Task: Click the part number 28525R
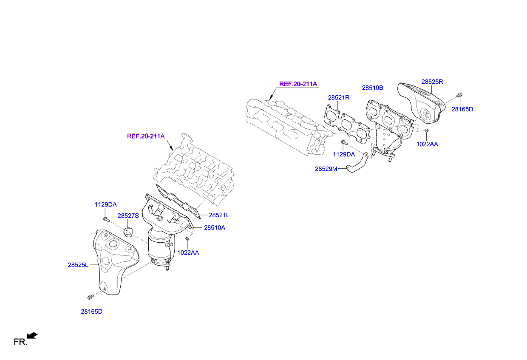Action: (x=432, y=82)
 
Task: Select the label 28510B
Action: (x=372, y=88)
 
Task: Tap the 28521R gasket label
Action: (x=339, y=97)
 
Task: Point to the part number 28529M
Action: (x=326, y=169)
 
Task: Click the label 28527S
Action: (x=128, y=215)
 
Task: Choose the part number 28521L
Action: (x=219, y=215)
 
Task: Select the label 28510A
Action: (x=215, y=227)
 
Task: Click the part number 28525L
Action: (x=78, y=265)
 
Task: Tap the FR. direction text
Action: (x=20, y=342)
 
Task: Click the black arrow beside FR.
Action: (x=32, y=335)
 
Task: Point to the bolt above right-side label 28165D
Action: (x=459, y=95)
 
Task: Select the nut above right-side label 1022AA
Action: (x=427, y=130)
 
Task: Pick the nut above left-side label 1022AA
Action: (x=187, y=239)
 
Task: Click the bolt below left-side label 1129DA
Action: (x=106, y=219)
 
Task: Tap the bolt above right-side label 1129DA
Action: (x=344, y=142)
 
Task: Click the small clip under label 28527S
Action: (x=128, y=232)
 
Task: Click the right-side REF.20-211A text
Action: (x=298, y=84)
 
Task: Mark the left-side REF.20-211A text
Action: (x=146, y=136)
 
